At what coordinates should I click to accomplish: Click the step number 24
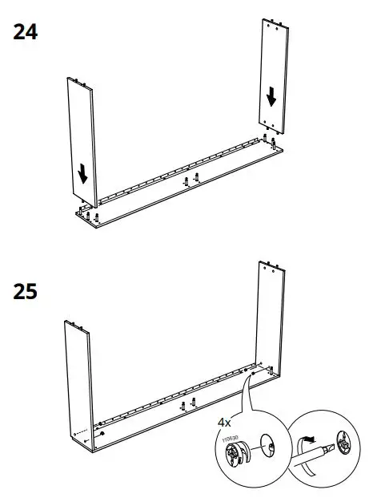pyautogui.click(x=26, y=33)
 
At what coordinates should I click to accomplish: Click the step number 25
pyautogui.click(x=26, y=292)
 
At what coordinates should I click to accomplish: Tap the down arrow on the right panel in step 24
pyautogui.click(x=272, y=96)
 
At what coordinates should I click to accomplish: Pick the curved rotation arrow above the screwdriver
pyautogui.click(x=307, y=439)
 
